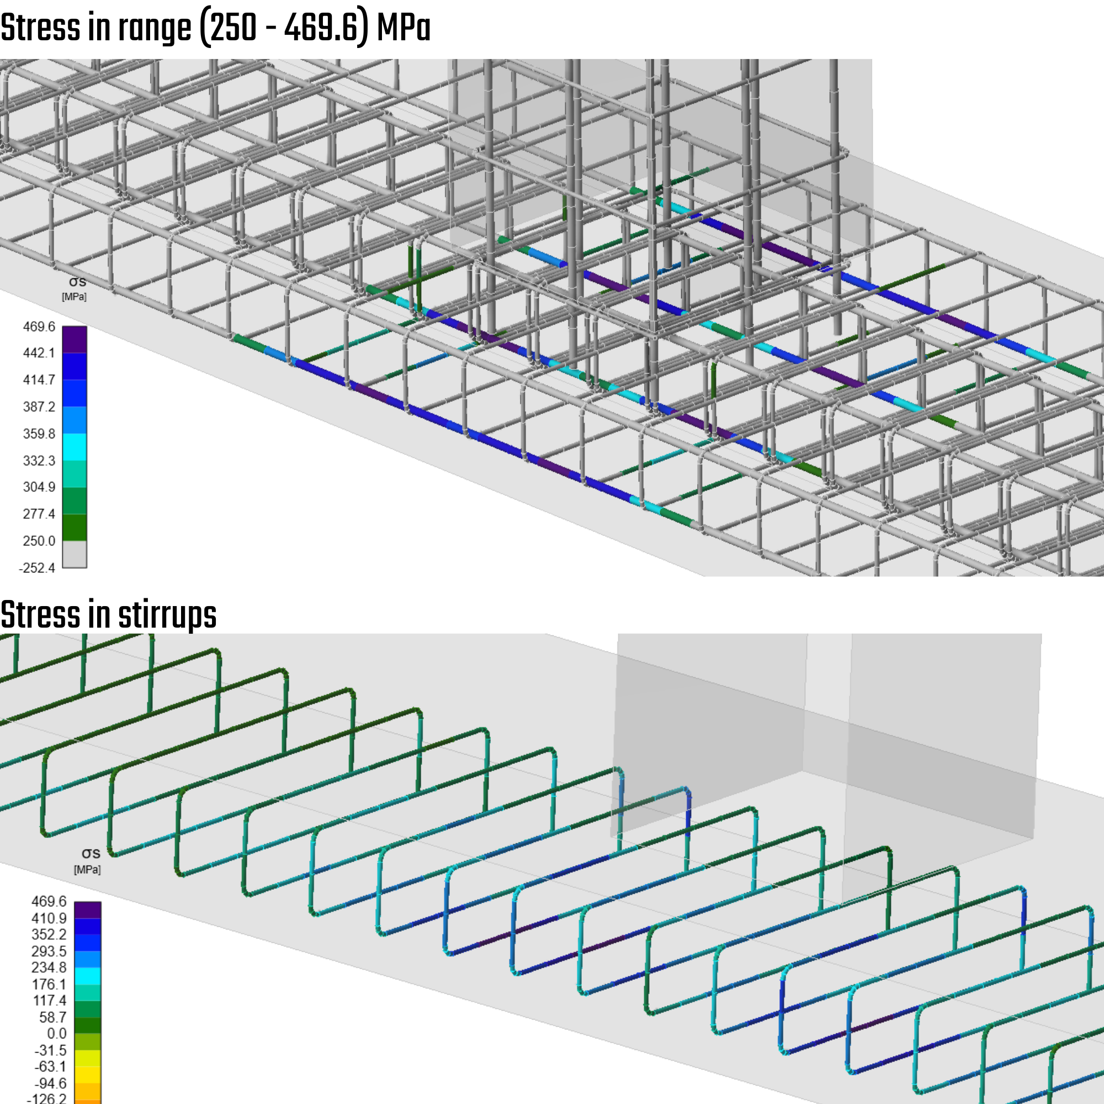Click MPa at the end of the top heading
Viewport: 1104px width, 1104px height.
pos(404,28)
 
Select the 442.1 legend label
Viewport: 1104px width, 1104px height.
pos(39,353)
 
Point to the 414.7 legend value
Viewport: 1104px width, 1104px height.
pos(39,380)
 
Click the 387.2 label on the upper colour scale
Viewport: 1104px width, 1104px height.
pos(39,407)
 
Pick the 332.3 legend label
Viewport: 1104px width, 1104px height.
pos(39,460)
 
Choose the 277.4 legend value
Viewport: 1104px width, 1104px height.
pos(39,514)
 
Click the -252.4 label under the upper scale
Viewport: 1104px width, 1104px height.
pos(37,568)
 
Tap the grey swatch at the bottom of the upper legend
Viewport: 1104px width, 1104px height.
pos(75,554)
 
